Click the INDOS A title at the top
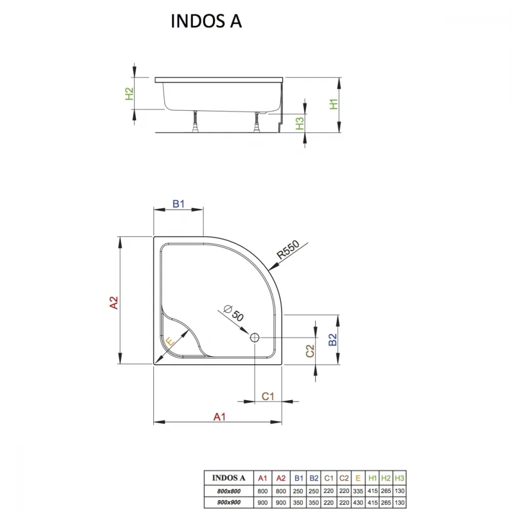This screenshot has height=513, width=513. tap(206, 21)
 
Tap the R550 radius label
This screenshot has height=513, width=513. tap(288, 249)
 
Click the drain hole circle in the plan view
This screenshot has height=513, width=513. tap(254, 338)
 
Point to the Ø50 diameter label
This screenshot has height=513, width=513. tap(233, 313)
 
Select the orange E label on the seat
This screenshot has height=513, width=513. tap(170, 342)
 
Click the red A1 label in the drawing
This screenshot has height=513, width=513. tap(220, 417)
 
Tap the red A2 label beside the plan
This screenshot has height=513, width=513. tap(113, 302)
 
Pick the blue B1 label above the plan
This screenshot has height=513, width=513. tap(179, 204)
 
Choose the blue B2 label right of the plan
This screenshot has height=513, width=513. tap(332, 340)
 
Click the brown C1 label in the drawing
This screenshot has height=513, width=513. tap(268, 396)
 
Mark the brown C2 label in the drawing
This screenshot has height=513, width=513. tap(310, 351)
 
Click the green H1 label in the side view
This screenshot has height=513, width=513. tap(333, 104)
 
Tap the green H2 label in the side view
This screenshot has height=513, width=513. tap(130, 93)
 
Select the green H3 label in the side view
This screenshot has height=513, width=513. tap(300, 123)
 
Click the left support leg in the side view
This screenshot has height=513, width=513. tap(196, 122)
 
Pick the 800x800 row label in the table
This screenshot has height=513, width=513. tap(229, 491)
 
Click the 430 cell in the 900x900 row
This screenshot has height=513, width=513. tap(358, 503)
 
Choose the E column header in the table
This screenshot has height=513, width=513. tap(358, 478)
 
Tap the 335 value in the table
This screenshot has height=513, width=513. tap(358, 491)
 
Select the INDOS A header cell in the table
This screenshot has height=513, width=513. tap(229, 478)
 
